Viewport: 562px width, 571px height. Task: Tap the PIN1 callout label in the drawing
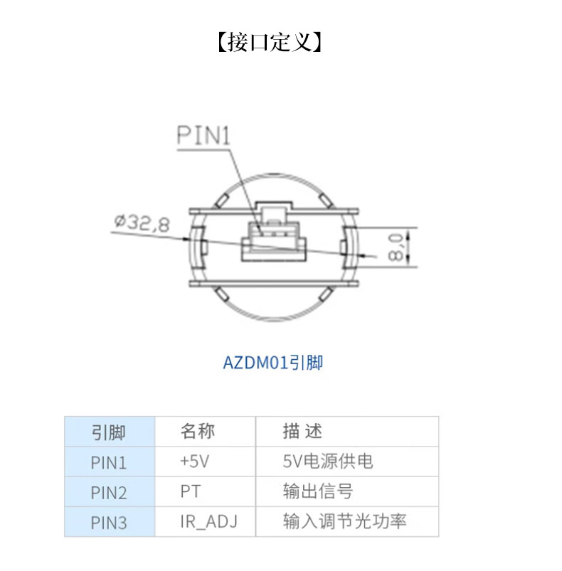(203, 136)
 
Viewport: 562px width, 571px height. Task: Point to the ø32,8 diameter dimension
(141, 225)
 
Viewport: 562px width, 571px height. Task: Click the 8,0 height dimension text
(396, 245)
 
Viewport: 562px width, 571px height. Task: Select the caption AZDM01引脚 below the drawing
(273, 363)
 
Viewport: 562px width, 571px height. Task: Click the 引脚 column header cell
(109, 432)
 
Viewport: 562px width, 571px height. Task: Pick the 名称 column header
(197, 431)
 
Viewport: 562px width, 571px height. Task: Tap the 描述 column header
(302, 431)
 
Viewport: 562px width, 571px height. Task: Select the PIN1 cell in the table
(109, 462)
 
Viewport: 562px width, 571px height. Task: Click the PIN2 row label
(109, 492)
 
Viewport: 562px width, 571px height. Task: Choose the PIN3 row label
(109, 523)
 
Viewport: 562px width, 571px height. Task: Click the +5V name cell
(195, 461)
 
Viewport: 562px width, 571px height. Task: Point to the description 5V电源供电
(327, 461)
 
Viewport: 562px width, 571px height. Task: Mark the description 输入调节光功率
(344, 522)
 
